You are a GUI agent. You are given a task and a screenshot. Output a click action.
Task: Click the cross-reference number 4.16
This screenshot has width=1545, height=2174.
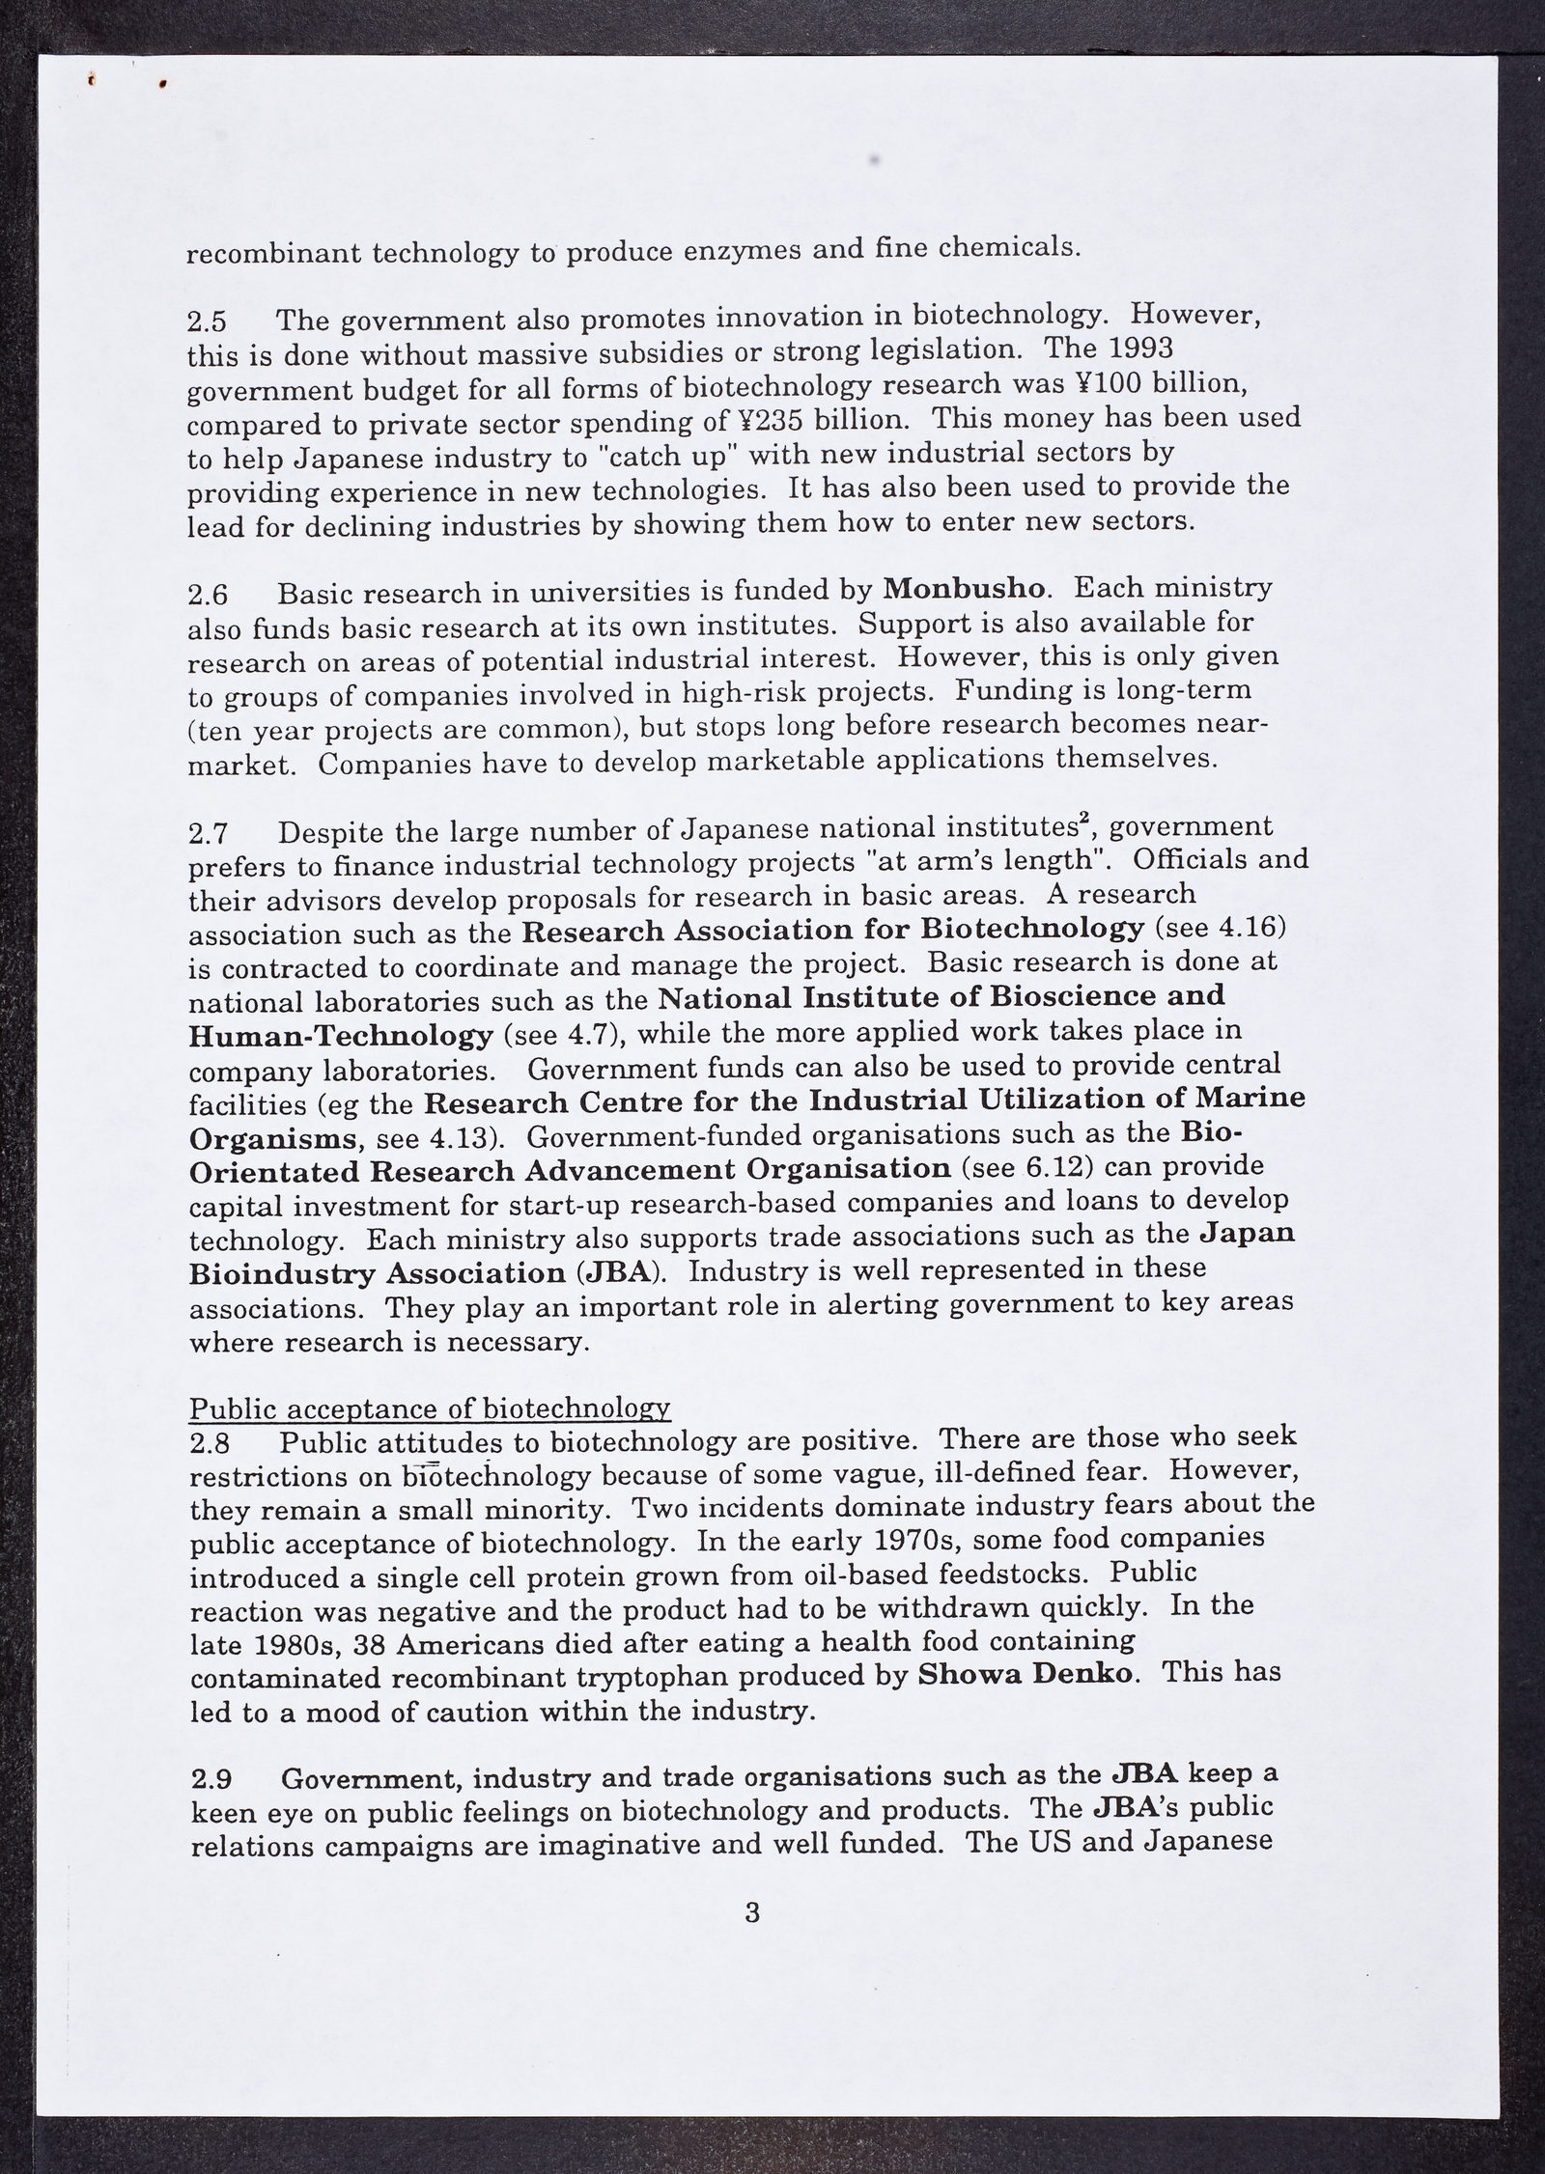[x=1252, y=928]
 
